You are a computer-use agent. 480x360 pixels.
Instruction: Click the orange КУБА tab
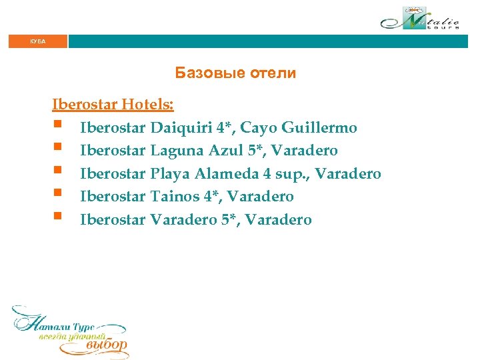click(38, 41)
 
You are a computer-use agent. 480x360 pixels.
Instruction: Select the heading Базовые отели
click(235, 73)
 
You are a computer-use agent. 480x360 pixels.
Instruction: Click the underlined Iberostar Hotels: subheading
click(113, 105)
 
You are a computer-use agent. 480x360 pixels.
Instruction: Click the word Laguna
click(175, 151)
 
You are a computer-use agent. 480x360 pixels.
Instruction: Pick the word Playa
click(171, 174)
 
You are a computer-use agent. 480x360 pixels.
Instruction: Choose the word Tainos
click(175, 197)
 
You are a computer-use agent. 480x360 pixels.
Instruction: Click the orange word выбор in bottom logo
click(107, 345)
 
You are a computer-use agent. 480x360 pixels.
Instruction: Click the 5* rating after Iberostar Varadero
click(229, 220)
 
